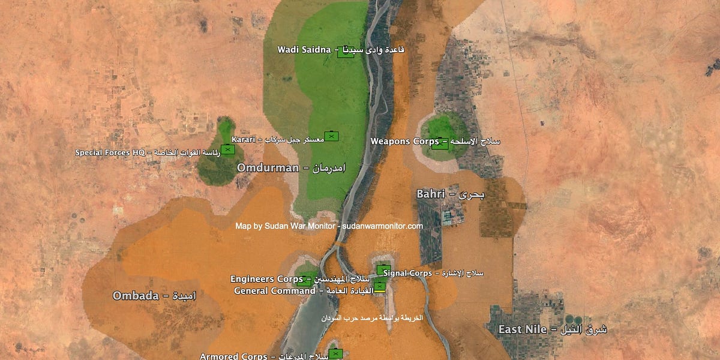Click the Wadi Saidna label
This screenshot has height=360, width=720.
(304, 49)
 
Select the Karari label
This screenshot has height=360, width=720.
(244, 139)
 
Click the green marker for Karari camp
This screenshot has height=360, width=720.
(331, 136)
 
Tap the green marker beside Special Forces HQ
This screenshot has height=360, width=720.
(227, 149)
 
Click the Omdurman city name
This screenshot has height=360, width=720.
(268, 167)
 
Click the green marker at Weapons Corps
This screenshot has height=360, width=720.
(440, 144)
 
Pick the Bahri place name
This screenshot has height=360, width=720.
(431, 194)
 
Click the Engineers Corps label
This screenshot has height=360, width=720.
(266, 279)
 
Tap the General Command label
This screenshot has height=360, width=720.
(274, 291)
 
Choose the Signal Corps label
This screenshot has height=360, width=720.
(407, 274)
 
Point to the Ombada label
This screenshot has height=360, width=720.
(136, 296)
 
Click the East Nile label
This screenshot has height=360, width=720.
(523, 329)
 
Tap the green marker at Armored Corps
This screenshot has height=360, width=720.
(335, 353)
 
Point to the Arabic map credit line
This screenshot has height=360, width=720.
(371, 317)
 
